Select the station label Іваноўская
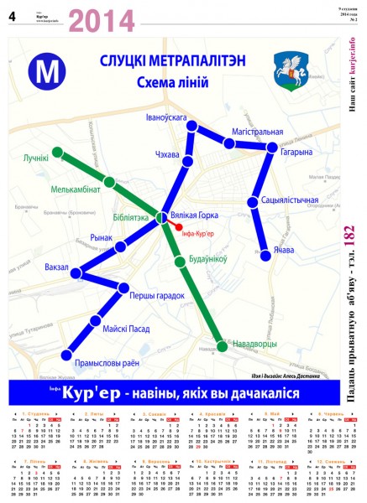[x=165, y=117]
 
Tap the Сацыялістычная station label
[x=290, y=200]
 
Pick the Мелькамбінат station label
[x=76, y=189]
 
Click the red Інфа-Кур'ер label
[x=198, y=233]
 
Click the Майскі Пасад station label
[x=126, y=329]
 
